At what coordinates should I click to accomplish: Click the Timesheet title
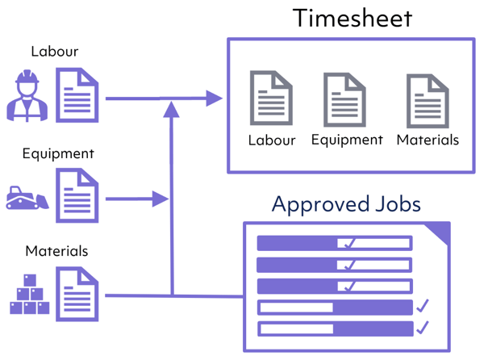pos(352,18)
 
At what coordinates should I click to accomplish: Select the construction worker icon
pos(28,94)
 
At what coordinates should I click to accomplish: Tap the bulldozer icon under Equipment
pos(27,197)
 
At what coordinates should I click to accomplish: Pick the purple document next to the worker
pos(77,95)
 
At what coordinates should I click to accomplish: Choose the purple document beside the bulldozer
pos(77,195)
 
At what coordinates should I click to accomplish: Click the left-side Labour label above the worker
pos(54,52)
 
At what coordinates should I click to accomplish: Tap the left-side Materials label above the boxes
pos(56,251)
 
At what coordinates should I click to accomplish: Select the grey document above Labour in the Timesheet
pos(271,98)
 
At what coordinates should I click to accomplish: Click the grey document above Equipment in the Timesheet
pos(345,99)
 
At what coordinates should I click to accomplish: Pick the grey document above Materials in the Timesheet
pos(427,100)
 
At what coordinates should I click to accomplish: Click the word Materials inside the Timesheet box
pos(428,140)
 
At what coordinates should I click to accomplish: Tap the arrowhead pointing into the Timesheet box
pos(215,99)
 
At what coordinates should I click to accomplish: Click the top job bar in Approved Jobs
pos(334,243)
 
